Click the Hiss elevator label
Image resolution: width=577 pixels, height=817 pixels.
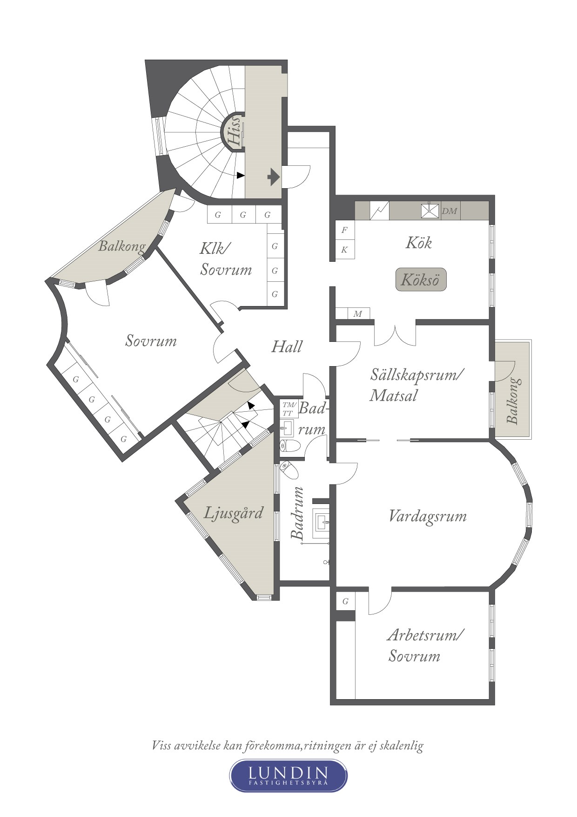[234, 131]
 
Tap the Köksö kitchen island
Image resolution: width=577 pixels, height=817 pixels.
[421, 279]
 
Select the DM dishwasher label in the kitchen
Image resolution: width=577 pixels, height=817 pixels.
[450, 211]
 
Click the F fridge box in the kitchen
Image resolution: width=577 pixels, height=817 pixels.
[345, 230]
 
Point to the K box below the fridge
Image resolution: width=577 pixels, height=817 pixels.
[345, 250]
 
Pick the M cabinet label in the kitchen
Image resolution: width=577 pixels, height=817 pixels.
[357, 313]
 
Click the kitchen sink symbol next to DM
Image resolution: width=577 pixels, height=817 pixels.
[430, 211]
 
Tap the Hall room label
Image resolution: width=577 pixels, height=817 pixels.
[287, 347]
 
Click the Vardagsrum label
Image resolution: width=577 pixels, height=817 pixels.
[427, 516]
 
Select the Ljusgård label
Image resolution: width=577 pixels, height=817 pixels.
[234, 513]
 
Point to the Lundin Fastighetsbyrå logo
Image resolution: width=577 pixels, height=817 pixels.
[288, 775]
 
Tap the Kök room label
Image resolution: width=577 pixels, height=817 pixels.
[419, 243]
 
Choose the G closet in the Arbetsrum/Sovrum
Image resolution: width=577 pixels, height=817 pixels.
[345, 601]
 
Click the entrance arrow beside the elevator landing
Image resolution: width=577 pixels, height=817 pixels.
[274, 177]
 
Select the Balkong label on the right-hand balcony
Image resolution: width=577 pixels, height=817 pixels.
[513, 401]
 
